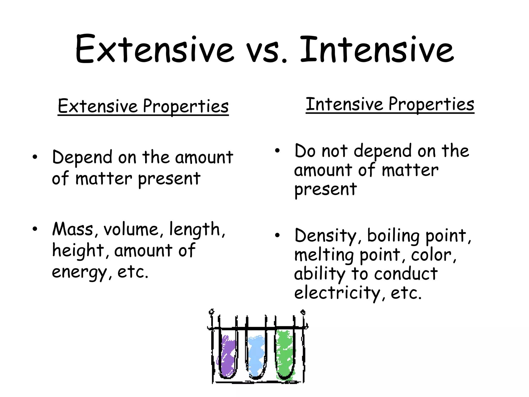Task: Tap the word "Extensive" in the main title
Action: (154, 49)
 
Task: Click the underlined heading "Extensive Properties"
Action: (143, 106)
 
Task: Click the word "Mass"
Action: (73, 229)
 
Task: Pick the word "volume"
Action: (131, 229)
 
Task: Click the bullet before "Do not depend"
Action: (277, 151)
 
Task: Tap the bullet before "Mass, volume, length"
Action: (35, 229)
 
